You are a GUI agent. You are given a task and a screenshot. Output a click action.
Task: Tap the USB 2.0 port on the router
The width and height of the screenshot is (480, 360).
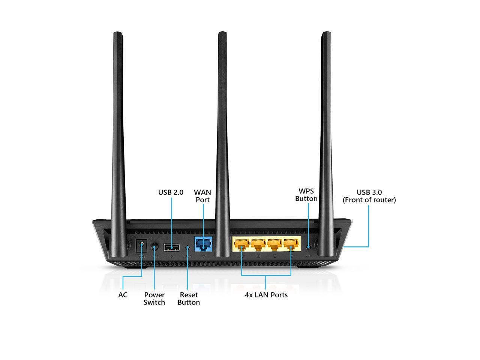click(172, 247)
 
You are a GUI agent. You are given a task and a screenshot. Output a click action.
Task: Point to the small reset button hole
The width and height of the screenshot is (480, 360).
click(187, 247)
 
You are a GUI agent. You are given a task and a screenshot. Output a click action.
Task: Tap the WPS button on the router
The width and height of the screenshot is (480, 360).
click(309, 247)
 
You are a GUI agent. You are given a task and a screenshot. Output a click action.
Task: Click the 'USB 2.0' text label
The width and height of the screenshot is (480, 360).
click(171, 192)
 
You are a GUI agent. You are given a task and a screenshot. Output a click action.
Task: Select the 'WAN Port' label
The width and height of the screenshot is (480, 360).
click(202, 196)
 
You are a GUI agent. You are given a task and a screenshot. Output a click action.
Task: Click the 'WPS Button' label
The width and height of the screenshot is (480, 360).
click(306, 195)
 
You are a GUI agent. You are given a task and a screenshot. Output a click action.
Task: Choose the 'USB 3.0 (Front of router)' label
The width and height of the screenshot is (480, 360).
click(369, 196)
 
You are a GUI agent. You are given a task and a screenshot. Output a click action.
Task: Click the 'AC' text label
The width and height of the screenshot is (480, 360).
click(123, 295)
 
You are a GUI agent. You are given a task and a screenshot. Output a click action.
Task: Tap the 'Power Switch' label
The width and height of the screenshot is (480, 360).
click(154, 299)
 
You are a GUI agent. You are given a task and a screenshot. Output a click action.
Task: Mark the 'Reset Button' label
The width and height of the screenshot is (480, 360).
click(189, 299)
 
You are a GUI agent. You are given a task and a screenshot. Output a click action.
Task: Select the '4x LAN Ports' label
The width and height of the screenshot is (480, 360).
click(266, 295)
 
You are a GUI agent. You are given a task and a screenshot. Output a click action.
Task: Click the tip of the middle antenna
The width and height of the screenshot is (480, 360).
click(222, 33)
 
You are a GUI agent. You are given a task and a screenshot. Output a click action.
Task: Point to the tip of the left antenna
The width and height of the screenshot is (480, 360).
click(118, 34)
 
